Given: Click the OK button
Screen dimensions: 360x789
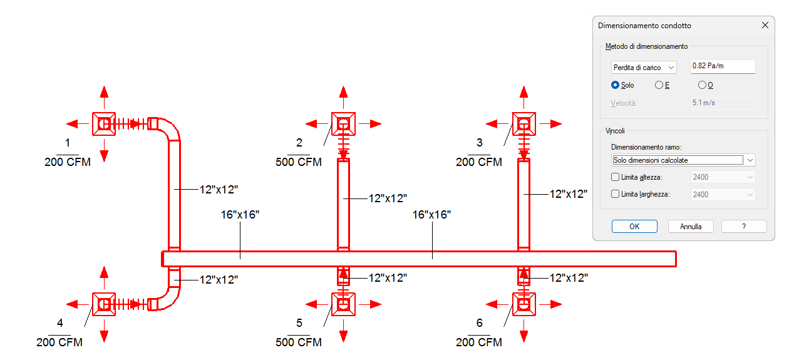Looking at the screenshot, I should pyautogui.click(x=634, y=227).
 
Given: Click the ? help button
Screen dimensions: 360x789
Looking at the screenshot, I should pyautogui.click(x=744, y=227).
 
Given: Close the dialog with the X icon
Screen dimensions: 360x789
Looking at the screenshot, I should pyautogui.click(x=765, y=26).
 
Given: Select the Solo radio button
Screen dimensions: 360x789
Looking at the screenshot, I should pyautogui.click(x=615, y=85).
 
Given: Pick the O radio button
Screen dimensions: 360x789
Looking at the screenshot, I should pyautogui.click(x=702, y=85).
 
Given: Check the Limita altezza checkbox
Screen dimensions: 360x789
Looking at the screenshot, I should pyautogui.click(x=615, y=177).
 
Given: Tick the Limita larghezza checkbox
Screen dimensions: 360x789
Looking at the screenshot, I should pyautogui.click(x=615, y=194).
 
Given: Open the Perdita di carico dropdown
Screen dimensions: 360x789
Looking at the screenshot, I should pyautogui.click(x=644, y=68).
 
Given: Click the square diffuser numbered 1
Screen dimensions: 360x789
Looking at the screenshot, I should pyautogui.click(x=104, y=124).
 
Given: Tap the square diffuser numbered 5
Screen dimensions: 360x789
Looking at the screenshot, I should pyautogui.click(x=343, y=304).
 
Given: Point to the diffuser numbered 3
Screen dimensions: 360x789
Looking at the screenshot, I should pyautogui.click(x=523, y=124).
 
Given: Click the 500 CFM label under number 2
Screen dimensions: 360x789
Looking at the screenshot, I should pyautogui.click(x=299, y=162).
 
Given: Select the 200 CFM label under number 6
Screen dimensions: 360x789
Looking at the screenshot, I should pyautogui.click(x=479, y=342).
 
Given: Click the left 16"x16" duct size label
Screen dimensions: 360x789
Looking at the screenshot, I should pyautogui.click(x=240, y=215).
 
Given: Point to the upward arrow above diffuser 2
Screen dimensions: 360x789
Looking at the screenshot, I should pyautogui.click(x=343, y=93).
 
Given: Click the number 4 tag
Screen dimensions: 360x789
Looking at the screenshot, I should pyautogui.click(x=60, y=323).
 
